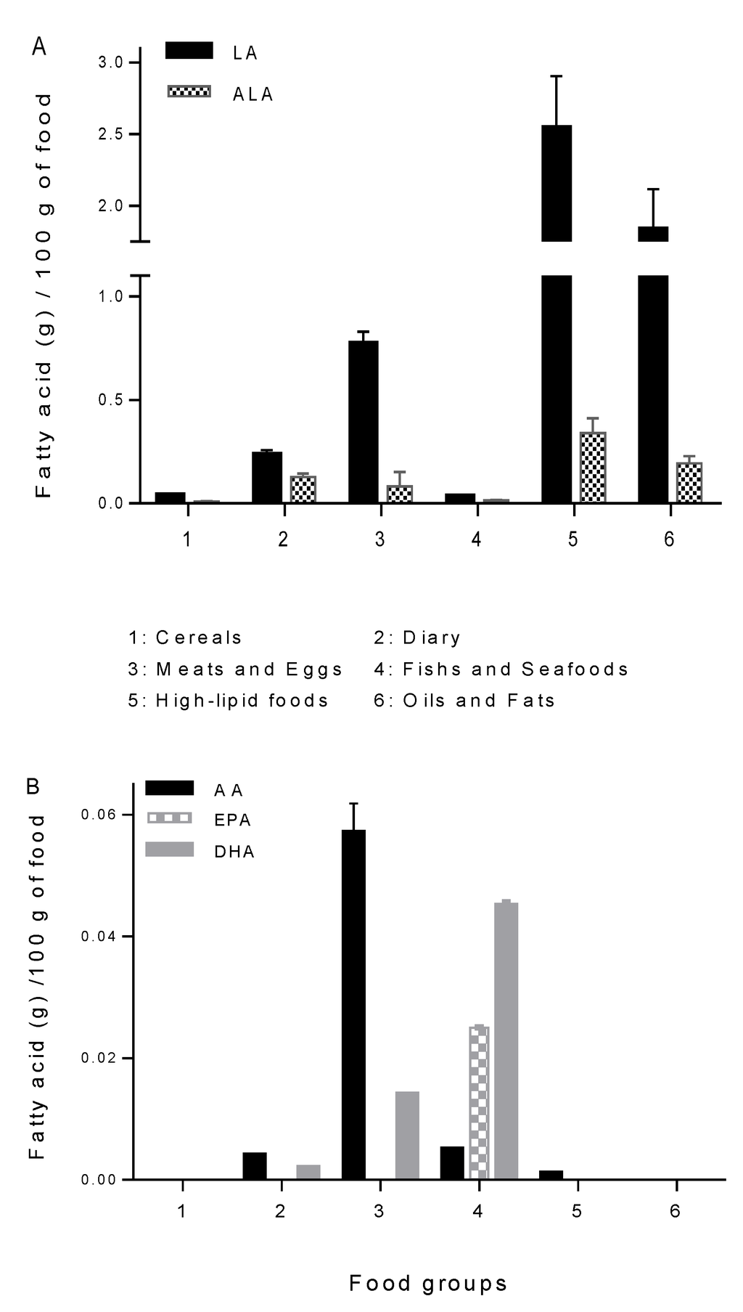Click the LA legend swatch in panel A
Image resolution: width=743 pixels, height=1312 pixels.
(189, 50)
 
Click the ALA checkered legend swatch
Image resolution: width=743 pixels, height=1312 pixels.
(189, 91)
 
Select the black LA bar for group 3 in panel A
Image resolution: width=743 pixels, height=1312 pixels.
(364, 421)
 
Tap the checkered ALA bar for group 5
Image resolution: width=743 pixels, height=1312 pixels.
(593, 467)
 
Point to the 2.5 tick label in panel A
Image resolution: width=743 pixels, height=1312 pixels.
(110, 134)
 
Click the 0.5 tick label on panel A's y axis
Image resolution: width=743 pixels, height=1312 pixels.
(110, 400)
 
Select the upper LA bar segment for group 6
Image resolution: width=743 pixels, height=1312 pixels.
(653, 233)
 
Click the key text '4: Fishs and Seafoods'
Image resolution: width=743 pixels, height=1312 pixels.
(501, 669)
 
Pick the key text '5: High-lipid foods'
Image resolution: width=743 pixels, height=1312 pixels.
(229, 701)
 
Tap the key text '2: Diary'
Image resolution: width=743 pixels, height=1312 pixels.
(417, 637)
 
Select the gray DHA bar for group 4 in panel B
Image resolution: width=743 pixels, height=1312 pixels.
(506, 1040)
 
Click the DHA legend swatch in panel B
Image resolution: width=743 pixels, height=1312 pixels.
(169, 849)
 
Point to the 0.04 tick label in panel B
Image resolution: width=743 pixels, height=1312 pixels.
(99, 937)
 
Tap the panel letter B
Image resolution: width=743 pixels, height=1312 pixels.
(33, 786)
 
